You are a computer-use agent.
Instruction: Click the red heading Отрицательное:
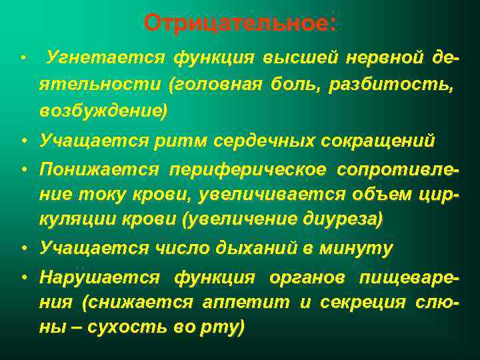coord(240,24)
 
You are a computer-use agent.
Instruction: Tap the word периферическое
coord(249,169)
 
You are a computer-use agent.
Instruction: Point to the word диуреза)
coord(343,219)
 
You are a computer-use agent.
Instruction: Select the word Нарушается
coord(100,277)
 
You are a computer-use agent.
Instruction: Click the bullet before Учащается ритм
coord(23,141)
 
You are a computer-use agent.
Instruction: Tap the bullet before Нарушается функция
coord(23,277)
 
